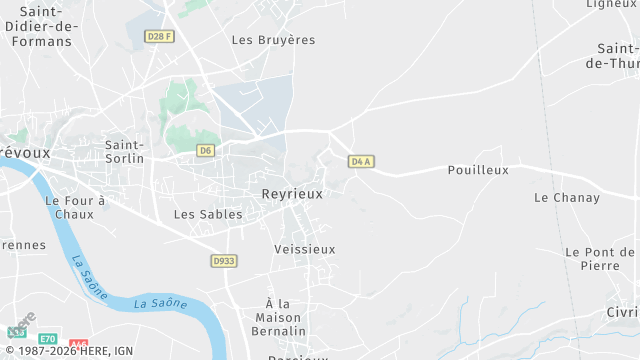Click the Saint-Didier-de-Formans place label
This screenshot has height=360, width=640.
[39, 26]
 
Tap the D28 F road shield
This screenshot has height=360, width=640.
[159, 37]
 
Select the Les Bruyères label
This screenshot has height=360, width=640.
[273, 40]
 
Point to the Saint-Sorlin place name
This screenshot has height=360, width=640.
[125, 151]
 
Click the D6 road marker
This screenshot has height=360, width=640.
[206, 151]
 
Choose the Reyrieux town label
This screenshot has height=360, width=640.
[292, 194]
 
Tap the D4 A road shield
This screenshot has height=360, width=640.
[361, 161]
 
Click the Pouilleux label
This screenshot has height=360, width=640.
[478, 170]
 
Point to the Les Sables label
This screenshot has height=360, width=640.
[208, 214]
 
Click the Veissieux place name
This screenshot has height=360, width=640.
[305, 249]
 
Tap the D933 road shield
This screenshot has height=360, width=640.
[224, 261]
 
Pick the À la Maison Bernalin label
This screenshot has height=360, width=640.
[284, 317]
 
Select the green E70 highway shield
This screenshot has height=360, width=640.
[48, 340]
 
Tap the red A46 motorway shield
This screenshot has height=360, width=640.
[80, 342]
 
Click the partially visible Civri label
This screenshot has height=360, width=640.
[620, 312]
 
